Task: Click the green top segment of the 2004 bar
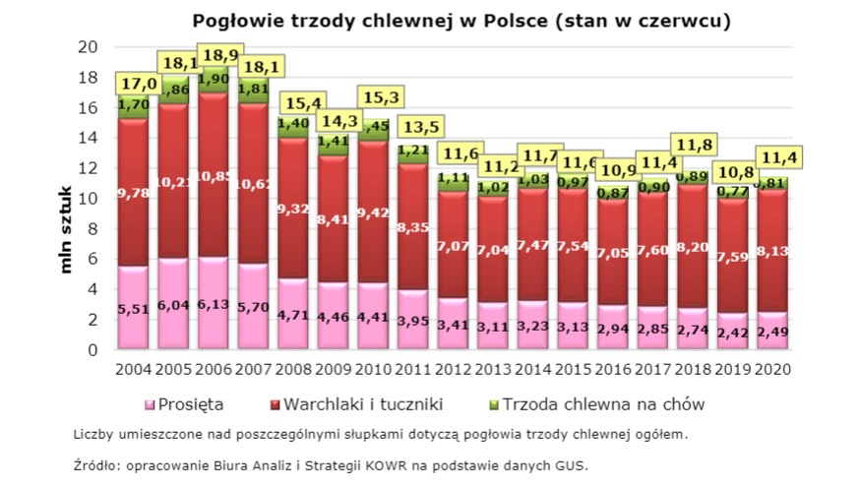(132, 104)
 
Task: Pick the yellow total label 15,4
(302, 102)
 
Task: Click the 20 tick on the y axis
(87, 47)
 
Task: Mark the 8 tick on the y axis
(91, 228)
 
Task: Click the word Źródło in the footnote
(94, 464)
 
